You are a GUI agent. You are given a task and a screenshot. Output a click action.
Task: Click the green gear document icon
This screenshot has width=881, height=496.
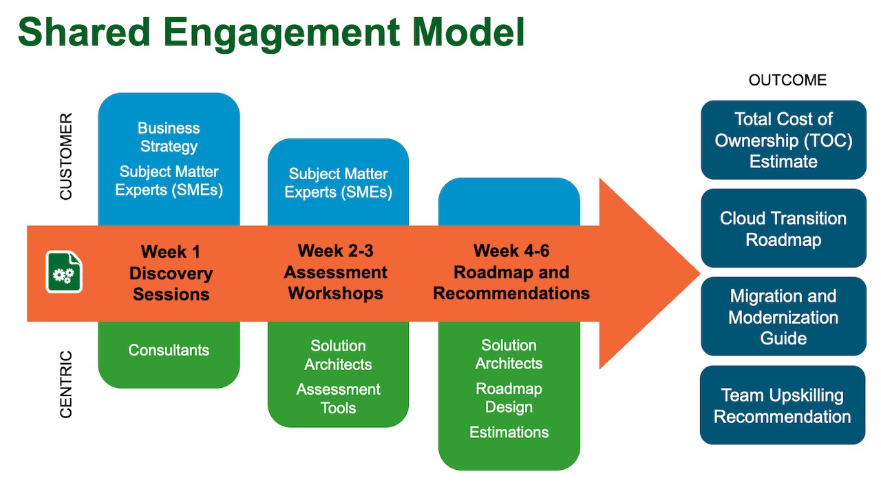coord(64,272)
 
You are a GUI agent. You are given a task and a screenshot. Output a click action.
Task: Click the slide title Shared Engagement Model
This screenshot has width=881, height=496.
coord(270,32)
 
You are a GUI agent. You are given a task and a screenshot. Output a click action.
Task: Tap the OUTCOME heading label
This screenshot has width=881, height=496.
coord(787,81)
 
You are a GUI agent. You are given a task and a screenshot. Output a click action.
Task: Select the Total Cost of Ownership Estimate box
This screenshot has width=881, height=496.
coord(783,140)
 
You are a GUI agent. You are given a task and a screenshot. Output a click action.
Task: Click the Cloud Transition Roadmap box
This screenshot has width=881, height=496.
coord(783,229)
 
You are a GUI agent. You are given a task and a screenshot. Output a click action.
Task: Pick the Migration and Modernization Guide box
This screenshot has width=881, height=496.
coord(783,317)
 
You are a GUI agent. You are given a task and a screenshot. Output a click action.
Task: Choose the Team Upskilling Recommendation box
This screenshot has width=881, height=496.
coord(783,405)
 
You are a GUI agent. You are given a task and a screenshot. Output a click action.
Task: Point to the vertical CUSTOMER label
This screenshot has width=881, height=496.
coord(66,157)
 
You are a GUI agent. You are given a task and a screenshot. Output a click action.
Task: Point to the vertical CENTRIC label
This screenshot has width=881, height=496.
coord(66,384)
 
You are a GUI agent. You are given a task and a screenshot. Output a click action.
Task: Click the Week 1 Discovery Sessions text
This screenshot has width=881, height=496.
coord(171,273)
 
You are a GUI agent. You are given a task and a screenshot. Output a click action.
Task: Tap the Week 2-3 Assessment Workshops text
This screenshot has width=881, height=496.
coord(336,271)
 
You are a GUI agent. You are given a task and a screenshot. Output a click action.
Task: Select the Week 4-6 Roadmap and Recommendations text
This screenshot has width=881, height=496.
coord(511,271)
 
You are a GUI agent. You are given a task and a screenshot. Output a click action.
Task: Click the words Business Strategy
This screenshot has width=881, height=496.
coord(169,137)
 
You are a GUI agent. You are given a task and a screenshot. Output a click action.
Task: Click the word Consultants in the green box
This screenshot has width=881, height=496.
coord(169,350)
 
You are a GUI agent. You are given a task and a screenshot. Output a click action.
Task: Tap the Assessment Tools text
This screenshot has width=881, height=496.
coord(338,398)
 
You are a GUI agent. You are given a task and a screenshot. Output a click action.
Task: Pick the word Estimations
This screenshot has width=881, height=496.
coord(509,432)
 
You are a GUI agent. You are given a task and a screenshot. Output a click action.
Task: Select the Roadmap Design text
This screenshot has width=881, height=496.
coord(509,397)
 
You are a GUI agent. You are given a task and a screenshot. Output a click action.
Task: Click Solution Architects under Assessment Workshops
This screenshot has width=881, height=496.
coord(338,355)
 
